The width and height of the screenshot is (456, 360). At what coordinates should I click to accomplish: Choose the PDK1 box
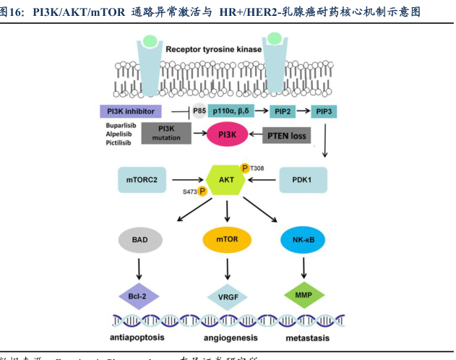pos(303,178)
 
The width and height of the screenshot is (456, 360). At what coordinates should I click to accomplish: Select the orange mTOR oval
pos(228,238)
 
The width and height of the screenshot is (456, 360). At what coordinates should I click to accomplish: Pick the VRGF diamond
pos(228,296)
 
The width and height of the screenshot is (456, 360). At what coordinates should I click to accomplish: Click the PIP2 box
pos(282,112)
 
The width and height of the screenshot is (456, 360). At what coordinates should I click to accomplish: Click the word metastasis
pos(304,338)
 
